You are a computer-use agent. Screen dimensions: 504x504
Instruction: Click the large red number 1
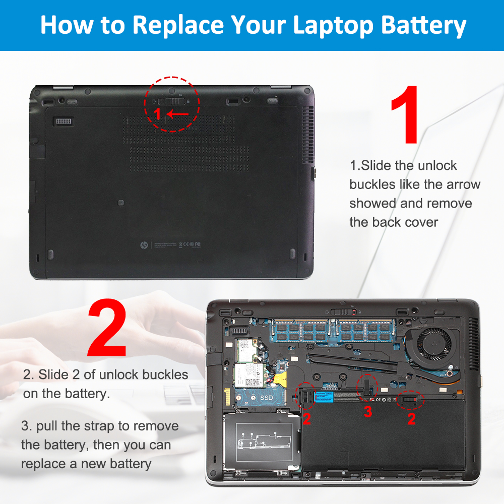coord(405,114)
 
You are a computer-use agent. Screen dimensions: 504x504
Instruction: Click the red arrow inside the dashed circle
coord(177,114)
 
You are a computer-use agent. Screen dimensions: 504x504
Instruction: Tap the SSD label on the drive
coord(267,398)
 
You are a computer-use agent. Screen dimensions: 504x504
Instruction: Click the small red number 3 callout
coord(368,412)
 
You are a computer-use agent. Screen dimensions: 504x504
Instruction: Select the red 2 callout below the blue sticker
coord(307,418)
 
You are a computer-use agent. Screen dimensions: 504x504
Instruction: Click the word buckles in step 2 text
coord(165,374)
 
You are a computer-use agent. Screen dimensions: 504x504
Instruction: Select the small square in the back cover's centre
coord(120,202)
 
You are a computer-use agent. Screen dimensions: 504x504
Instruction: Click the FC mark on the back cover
coord(198,244)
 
